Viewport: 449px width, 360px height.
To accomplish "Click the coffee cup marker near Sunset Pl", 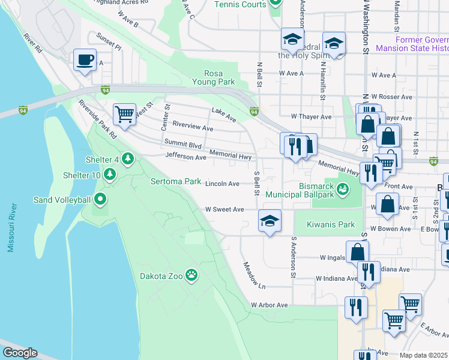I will [85, 60].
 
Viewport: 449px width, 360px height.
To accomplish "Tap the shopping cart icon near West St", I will [124, 113].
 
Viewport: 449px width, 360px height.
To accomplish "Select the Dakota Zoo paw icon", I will [191, 275].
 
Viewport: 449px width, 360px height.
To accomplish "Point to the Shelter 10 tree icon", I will [109, 175].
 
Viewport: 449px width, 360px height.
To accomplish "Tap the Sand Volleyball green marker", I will [100, 199].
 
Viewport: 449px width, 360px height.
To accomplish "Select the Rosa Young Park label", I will [213, 77].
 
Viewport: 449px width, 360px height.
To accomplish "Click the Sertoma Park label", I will [175, 181].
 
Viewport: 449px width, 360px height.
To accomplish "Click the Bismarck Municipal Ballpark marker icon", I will [343, 189].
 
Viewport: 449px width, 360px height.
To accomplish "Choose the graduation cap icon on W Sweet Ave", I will [270, 220].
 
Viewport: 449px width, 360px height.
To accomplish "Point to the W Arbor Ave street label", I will [270, 305].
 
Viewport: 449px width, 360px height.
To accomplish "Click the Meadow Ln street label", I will [254, 274].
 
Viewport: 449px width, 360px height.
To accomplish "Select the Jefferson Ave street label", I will [185, 157].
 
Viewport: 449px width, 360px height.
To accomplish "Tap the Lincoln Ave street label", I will [223, 184].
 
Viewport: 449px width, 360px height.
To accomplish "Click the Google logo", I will [19, 353].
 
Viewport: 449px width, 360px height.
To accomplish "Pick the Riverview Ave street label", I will [193, 128].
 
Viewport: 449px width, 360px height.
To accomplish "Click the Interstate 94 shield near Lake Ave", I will [254, 111].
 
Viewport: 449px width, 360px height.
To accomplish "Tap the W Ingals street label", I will [332, 258].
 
